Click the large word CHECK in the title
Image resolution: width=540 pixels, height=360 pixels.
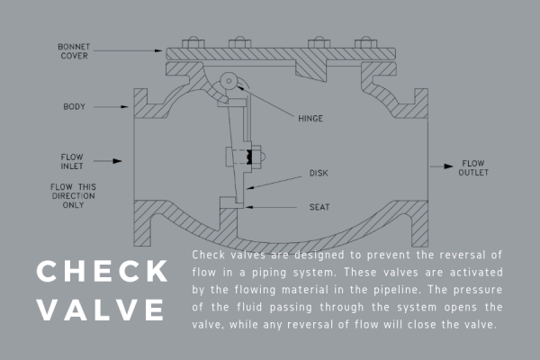(102, 271)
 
